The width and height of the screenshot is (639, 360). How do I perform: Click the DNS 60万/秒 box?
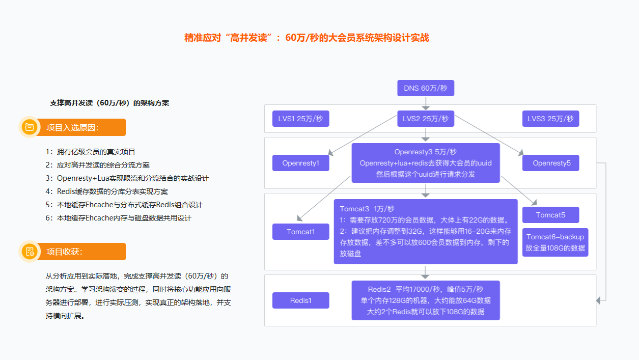click(426, 88)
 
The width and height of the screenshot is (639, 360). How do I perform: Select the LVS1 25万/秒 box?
click(301, 119)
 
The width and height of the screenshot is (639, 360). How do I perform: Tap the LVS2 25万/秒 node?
click(426, 119)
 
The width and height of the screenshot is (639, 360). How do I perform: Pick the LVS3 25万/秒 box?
click(550, 119)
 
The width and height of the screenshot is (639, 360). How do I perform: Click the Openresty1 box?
click(301, 163)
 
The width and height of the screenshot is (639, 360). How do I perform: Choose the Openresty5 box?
click(550, 163)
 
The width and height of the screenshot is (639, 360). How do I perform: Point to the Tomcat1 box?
click(301, 232)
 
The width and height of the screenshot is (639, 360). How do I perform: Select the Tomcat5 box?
click(550, 215)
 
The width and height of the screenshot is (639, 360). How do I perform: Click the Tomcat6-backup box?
click(555, 242)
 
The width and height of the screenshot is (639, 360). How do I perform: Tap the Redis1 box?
click(301, 300)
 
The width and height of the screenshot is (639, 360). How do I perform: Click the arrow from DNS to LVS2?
click(426, 103)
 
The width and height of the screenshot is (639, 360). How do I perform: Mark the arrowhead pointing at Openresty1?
click(331, 153)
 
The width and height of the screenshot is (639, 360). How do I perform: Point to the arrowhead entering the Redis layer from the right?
click(598, 300)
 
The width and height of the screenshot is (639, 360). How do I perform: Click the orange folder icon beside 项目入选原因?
click(30, 127)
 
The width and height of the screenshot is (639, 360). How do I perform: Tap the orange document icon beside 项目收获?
click(30, 252)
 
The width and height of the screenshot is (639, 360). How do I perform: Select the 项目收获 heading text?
click(64, 252)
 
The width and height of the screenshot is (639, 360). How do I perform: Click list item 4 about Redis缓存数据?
click(107, 191)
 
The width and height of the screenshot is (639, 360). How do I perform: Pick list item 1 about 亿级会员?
click(90, 152)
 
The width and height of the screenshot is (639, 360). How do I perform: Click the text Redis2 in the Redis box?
click(379, 289)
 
